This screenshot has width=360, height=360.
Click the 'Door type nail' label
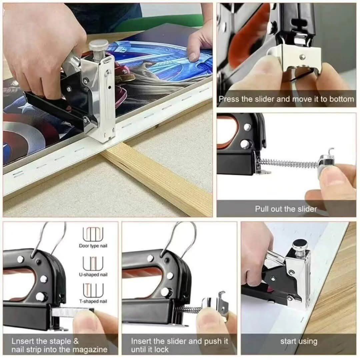(x=93, y=246)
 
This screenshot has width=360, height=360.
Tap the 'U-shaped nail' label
(x=93, y=275)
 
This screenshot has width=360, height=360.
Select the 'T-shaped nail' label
(x=93, y=301)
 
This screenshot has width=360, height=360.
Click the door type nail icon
(x=93, y=233)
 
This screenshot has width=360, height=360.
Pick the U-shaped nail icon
(x=93, y=263)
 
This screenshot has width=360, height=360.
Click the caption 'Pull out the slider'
(x=286, y=209)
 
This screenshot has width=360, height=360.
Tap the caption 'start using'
(x=299, y=341)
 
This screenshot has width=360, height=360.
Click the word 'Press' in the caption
(x=227, y=99)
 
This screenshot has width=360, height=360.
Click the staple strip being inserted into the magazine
(x=72, y=312)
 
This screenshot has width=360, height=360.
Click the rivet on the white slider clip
(x=303, y=56)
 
